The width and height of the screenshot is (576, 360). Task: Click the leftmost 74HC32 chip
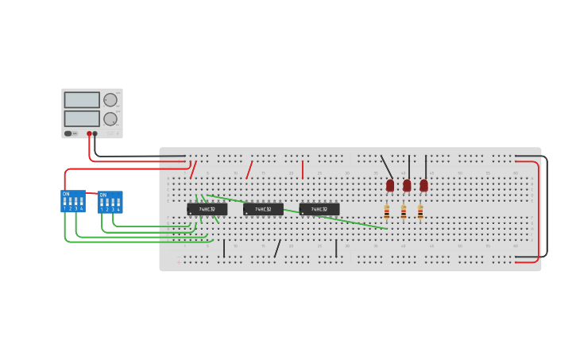tap(207, 210)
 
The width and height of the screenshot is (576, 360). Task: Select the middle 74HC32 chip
tap(263, 210)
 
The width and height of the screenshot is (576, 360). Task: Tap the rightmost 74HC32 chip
tap(319, 210)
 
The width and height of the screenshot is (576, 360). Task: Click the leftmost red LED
tap(390, 185)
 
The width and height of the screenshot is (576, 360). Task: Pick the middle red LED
tap(407, 185)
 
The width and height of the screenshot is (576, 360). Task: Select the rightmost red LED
tap(423, 185)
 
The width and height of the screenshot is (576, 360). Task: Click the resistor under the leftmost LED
tap(387, 212)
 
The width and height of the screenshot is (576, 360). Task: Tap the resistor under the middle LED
tap(404, 212)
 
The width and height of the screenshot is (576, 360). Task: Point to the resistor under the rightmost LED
tap(420, 212)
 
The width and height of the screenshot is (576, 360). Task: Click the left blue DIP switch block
tap(73, 201)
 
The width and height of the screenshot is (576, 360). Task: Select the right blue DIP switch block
tap(110, 202)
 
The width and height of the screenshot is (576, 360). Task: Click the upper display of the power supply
tap(82, 100)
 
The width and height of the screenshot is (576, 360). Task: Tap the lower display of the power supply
tap(82, 118)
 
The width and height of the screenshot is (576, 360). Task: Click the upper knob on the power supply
tap(110, 100)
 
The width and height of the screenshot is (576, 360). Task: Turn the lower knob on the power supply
tap(110, 119)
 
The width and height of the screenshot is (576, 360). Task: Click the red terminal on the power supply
tap(89, 134)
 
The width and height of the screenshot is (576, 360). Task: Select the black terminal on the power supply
tap(95, 134)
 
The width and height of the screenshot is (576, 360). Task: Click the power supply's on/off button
tap(68, 134)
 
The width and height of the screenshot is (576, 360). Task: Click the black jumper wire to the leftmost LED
tap(387, 167)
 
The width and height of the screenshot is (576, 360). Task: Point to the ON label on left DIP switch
tap(66, 194)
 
